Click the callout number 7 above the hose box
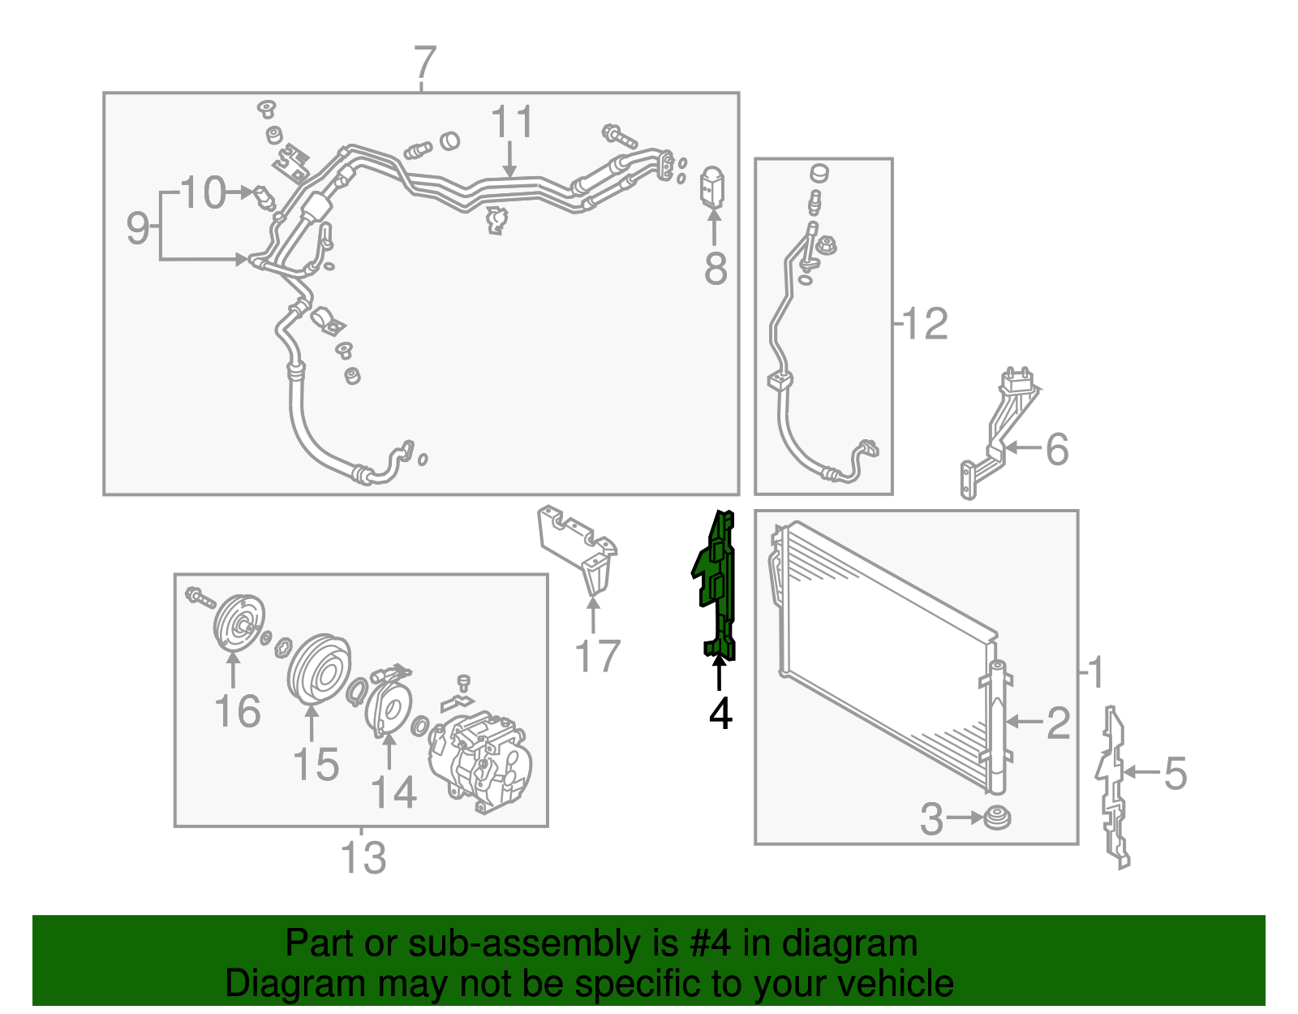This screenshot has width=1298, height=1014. [x=425, y=63]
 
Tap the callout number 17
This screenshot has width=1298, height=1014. [x=597, y=655]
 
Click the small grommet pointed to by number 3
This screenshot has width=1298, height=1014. [x=997, y=818]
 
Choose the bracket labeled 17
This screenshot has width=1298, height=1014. [x=577, y=549]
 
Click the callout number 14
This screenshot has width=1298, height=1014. [x=393, y=792]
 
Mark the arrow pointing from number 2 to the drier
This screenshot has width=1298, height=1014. [x=1024, y=723]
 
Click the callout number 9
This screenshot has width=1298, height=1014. [x=138, y=227]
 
